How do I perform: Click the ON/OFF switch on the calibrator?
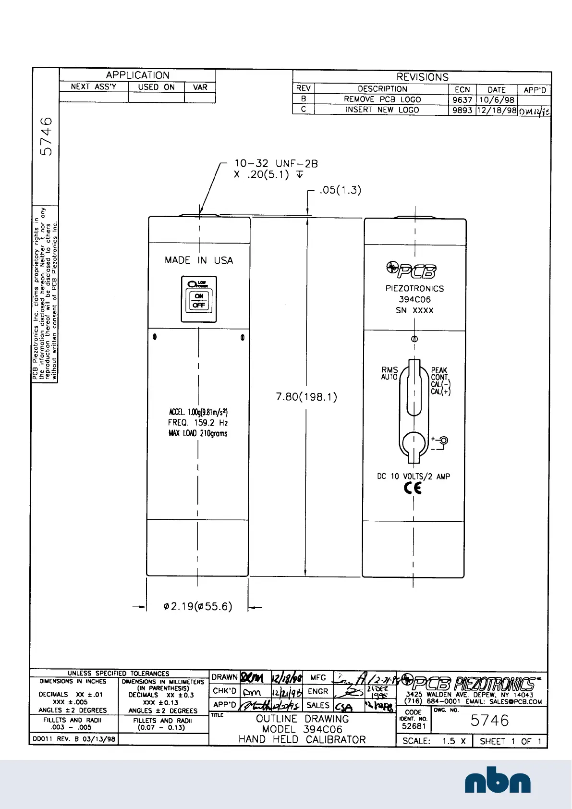[x=199, y=300]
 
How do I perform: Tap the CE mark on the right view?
[x=413, y=488]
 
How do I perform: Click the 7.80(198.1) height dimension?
[x=306, y=397]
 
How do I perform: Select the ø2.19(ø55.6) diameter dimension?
[x=197, y=606]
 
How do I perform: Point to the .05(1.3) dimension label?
[x=340, y=190]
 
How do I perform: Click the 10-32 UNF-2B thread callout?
[x=276, y=164]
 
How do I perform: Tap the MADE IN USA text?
[x=199, y=260]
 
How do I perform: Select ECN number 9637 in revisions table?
[x=462, y=100]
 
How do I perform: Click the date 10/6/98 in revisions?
[x=497, y=100]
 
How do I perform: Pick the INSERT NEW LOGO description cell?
[x=382, y=110]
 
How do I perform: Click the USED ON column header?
[x=156, y=87]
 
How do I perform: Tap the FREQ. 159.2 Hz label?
[x=197, y=423]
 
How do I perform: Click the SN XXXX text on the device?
[x=414, y=310]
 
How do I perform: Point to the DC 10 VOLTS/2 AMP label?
[x=413, y=477]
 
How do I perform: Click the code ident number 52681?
[x=414, y=726]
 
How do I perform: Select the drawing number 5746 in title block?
[x=489, y=721]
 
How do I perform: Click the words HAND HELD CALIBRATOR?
[x=302, y=740]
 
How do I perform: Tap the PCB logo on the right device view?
[x=412, y=270]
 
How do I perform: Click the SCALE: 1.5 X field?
[x=434, y=741]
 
